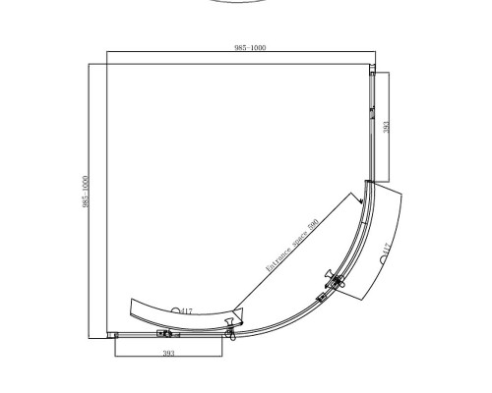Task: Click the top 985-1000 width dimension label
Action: pos(250,48)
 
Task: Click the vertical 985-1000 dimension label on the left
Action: pos(86,192)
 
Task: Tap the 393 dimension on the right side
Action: pos(387,127)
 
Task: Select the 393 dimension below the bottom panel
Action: pos(168,353)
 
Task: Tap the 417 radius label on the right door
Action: pos(387,249)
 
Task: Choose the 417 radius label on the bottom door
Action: pos(186,311)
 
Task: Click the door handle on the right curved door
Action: pos(334,279)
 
